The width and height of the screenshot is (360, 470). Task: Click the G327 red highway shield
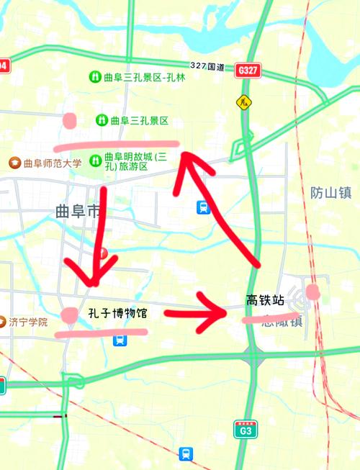247,71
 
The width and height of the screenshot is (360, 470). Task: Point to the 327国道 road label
207,65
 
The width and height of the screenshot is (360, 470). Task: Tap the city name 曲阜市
78,211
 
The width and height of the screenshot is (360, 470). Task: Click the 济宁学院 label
28,322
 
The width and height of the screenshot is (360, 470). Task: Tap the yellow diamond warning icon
244,102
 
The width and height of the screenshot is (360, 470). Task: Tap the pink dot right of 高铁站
312,291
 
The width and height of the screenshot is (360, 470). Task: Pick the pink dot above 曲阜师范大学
71,120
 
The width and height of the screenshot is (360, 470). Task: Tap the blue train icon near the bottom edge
187,453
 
